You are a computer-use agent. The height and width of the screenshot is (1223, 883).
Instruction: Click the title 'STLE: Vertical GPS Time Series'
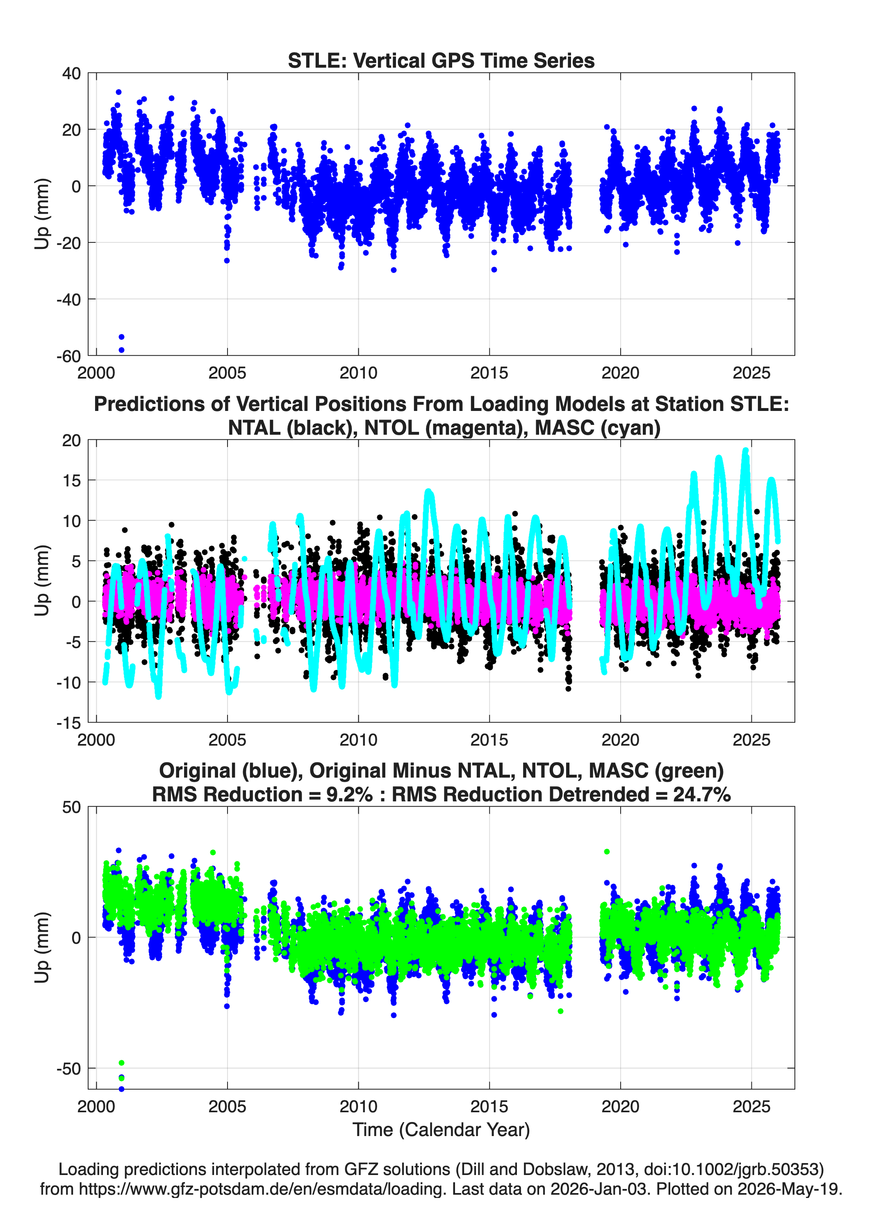[x=441, y=60]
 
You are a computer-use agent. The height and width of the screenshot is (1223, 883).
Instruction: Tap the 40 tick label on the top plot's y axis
[x=71, y=73]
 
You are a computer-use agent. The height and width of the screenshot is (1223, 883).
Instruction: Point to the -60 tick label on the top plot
[x=68, y=356]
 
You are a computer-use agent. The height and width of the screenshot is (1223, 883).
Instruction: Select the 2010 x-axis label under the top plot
[x=358, y=373]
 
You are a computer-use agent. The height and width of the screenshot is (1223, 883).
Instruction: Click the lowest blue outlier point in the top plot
[x=121, y=350]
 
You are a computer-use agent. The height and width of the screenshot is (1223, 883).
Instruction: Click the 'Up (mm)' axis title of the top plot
[x=41, y=214]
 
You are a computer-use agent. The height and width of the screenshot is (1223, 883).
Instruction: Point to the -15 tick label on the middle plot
[x=68, y=723]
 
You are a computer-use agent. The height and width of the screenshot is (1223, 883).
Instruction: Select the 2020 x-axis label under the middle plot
[x=621, y=739]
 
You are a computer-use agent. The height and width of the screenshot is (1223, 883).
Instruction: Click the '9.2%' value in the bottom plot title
[x=350, y=794]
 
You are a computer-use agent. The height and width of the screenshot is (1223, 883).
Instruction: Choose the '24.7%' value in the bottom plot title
[x=702, y=794]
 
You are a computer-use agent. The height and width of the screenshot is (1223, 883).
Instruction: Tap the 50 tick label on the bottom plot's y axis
[x=71, y=807]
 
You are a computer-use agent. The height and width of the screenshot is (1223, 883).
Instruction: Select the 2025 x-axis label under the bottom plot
[x=751, y=1106]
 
